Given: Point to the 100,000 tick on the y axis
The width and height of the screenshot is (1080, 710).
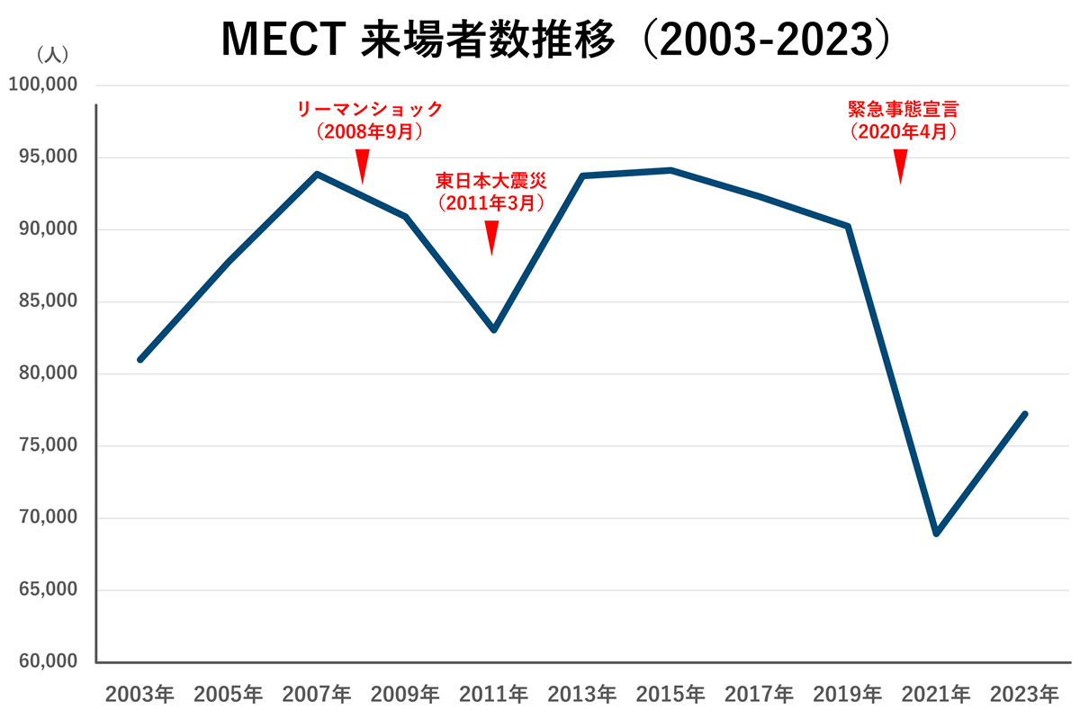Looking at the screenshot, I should (x=43, y=85).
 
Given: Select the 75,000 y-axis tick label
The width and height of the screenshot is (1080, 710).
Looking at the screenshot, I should (x=47, y=446).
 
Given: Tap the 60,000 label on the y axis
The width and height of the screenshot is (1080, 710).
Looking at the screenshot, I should (x=47, y=662).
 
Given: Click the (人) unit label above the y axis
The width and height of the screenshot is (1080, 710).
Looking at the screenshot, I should (x=51, y=55).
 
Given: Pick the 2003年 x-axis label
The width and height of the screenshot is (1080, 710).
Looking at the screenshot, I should (x=139, y=694).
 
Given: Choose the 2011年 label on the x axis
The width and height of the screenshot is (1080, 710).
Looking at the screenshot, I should (x=493, y=694).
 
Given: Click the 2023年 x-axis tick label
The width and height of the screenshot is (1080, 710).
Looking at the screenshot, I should (x=1024, y=694).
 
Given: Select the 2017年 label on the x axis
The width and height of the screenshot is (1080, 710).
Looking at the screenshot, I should (x=759, y=694).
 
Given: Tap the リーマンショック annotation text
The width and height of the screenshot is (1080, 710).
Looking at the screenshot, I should (x=370, y=110).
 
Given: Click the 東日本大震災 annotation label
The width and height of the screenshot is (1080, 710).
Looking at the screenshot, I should (x=491, y=182).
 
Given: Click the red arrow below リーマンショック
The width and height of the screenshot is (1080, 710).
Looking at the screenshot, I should (x=362, y=166).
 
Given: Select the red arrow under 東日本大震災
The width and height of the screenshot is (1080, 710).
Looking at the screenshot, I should (x=491, y=238).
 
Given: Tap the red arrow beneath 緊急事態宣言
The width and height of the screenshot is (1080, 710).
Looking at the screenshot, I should (x=900, y=166).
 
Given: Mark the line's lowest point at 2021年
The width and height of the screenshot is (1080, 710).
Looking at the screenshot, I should (x=937, y=534).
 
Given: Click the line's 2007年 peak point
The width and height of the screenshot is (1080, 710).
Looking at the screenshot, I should (x=317, y=174).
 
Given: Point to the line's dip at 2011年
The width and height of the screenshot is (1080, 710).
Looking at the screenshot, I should (x=494, y=329).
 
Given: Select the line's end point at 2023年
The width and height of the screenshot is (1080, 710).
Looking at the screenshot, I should (x=1024, y=414).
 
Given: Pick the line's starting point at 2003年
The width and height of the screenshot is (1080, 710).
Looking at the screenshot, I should (x=140, y=360).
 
